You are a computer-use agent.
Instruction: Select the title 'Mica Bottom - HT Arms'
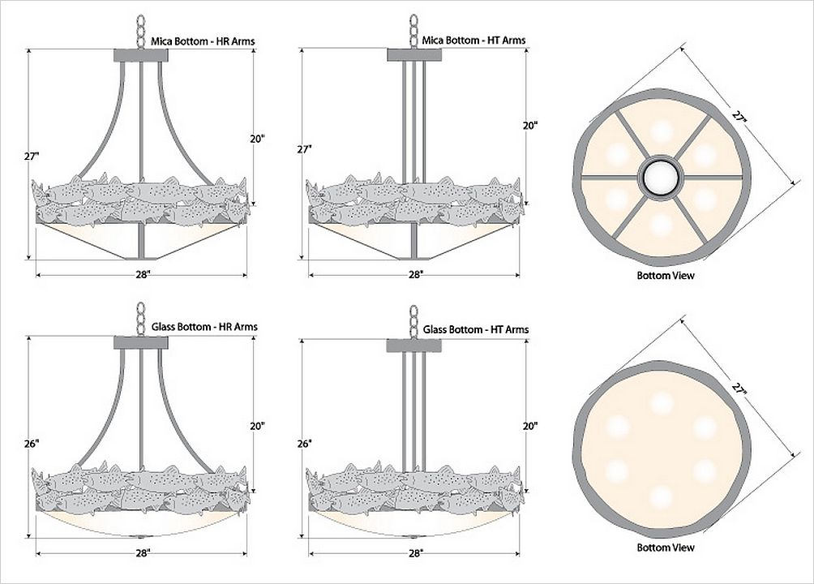(473, 41)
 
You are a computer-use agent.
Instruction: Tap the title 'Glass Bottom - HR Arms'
(204, 327)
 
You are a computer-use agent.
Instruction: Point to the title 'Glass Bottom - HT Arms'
(476, 329)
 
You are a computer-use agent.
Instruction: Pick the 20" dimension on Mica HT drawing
(530, 125)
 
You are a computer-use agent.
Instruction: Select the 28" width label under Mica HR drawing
(143, 274)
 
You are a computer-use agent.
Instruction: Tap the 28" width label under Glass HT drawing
(415, 553)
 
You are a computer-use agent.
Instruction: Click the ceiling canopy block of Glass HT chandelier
(413, 346)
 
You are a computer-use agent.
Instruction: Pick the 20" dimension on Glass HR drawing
(257, 425)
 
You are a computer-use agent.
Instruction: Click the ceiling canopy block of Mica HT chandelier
(413, 55)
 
